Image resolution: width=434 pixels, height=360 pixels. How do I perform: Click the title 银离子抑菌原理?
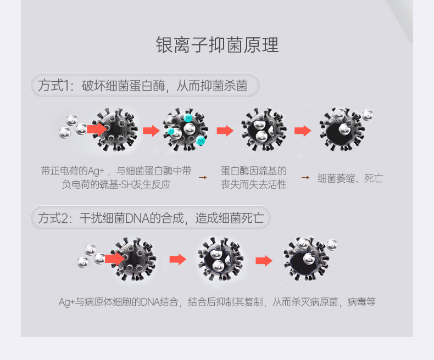(217, 45)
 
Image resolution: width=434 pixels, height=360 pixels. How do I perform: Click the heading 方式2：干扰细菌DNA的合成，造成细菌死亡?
(151, 218)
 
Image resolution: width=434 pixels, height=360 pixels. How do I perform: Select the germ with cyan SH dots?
(186, 130)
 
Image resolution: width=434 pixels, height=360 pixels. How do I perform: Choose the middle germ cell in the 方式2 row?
(220, 259)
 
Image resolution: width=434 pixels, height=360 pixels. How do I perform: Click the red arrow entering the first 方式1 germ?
(96, 128)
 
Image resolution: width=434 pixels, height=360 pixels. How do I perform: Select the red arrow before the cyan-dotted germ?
(151, 130)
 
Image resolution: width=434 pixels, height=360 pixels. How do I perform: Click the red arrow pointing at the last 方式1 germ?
(303, 130)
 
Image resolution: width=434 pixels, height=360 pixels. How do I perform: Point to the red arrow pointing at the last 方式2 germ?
(264, 261)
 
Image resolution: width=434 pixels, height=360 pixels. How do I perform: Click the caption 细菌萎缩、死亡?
(350, 178)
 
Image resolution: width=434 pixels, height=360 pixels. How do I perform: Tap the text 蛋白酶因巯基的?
(254, 171)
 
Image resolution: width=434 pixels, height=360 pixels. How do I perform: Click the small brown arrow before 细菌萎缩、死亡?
(305, 178)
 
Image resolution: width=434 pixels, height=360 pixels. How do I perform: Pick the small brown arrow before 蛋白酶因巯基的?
(203, 178)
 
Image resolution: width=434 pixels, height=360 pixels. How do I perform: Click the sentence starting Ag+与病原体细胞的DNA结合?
(217, 301)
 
